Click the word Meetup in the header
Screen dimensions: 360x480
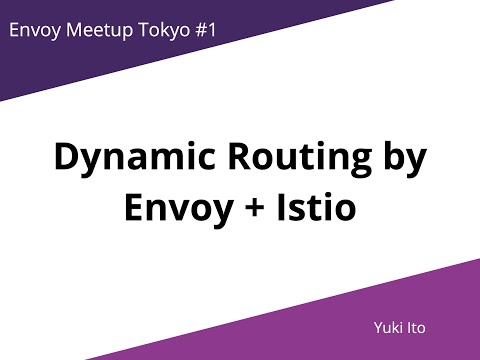pos(98,30)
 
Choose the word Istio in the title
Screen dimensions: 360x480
pos(321,210)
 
